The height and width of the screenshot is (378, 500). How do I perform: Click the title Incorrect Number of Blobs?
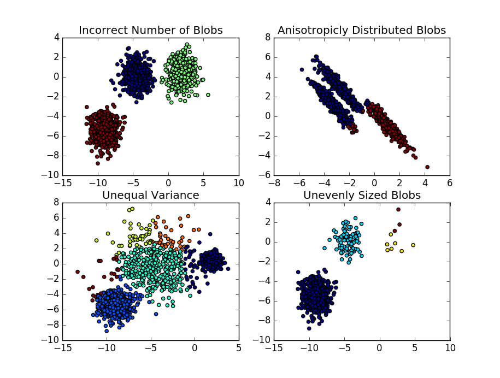150,30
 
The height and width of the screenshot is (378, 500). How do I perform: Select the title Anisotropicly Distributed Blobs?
362,30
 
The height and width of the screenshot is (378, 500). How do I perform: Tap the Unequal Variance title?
151,195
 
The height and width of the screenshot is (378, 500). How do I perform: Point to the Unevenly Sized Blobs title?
362,195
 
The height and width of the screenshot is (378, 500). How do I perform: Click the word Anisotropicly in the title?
310,30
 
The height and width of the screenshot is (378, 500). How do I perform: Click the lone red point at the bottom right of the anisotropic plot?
427,167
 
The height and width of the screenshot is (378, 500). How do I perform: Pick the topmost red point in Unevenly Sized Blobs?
398,209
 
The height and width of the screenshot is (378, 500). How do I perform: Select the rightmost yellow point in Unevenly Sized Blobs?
413,245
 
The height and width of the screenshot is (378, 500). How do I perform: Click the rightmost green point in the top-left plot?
208,95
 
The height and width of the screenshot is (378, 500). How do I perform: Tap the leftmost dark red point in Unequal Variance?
78,271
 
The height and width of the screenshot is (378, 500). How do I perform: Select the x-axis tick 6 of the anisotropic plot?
449,182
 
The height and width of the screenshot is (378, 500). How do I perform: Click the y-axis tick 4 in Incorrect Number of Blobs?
56,37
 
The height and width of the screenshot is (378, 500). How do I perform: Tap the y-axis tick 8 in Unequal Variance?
56,202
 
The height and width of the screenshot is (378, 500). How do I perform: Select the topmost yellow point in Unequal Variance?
132,209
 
